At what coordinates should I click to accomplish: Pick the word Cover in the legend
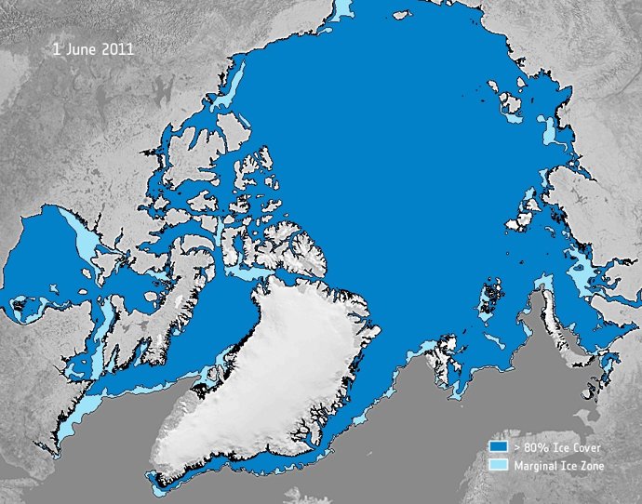pos(592,447)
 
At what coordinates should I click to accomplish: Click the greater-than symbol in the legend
pos(516,447)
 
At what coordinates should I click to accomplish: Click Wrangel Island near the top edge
pos(403,15)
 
